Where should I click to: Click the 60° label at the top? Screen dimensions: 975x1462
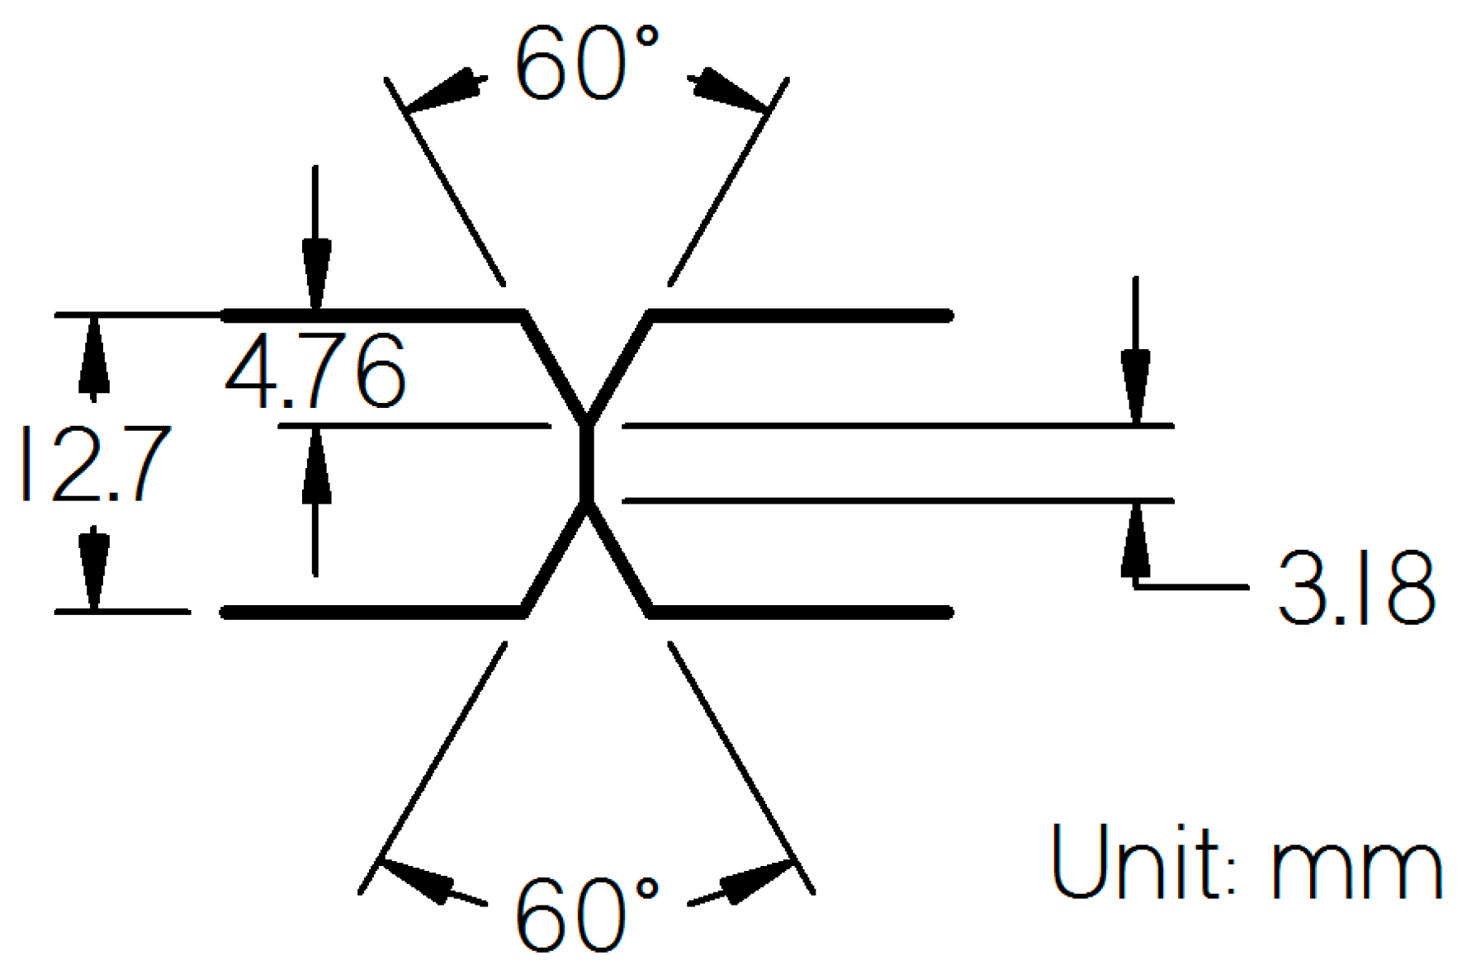[587, 64]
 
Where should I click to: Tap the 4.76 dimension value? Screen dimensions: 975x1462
[315, 372]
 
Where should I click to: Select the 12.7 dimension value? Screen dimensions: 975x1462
[95, 464]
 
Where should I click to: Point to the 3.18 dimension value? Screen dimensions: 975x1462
[1356, 588]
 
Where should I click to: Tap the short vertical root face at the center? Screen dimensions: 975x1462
[586, 463]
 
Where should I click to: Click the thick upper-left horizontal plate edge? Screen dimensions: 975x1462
[371, 315]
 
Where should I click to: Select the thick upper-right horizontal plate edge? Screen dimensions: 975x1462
[801, 315]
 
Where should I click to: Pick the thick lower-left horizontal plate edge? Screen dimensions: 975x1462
[371, 612]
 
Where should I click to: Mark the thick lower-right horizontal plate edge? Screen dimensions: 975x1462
[801, 612]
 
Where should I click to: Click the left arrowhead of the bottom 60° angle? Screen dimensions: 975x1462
[418, 880]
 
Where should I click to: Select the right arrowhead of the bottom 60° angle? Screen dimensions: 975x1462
[755, 880]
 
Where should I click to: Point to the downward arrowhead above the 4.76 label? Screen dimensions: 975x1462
[315, 272]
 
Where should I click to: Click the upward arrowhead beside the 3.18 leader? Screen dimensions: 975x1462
[1136, 541]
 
